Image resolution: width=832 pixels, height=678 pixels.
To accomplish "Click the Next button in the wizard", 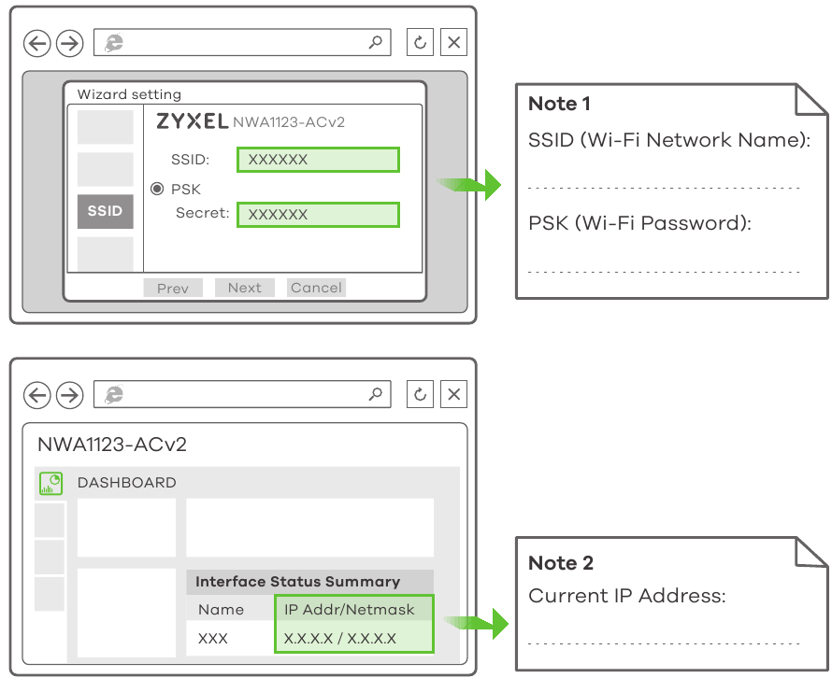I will click(x=244, y=288).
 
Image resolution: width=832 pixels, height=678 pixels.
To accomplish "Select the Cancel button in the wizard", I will click(x=316, y=288).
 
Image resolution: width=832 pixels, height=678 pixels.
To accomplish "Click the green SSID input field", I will click(x=318, y=160).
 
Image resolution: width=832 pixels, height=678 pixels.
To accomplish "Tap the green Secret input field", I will click(x=318, y=215).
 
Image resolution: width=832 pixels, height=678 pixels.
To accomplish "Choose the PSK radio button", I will click(x=157, y=189).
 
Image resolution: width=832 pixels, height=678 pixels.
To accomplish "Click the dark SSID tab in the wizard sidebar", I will click(x=105, y=211).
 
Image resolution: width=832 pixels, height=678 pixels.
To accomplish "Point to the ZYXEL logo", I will click(x=192, y=121).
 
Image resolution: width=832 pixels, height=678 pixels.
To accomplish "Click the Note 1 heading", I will click(x=559, y=104).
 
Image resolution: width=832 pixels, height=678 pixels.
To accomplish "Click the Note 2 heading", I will click(x=561, y=563).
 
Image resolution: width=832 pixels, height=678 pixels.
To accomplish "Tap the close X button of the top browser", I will click(x=453, y=42).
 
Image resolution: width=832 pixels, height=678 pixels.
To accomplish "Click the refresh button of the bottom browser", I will click(x=420, y=395).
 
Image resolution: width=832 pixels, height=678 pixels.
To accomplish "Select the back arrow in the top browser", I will click(x=37, y=42).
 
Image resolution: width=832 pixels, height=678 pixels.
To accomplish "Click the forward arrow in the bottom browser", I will click(x=69, y=395).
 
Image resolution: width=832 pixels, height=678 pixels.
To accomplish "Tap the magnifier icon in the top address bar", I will click(x=376, y=42).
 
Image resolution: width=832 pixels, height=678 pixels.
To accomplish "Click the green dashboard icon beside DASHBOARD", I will click(x=50, y=483).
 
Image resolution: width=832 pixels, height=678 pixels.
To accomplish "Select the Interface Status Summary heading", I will click(x=297, y=581).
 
